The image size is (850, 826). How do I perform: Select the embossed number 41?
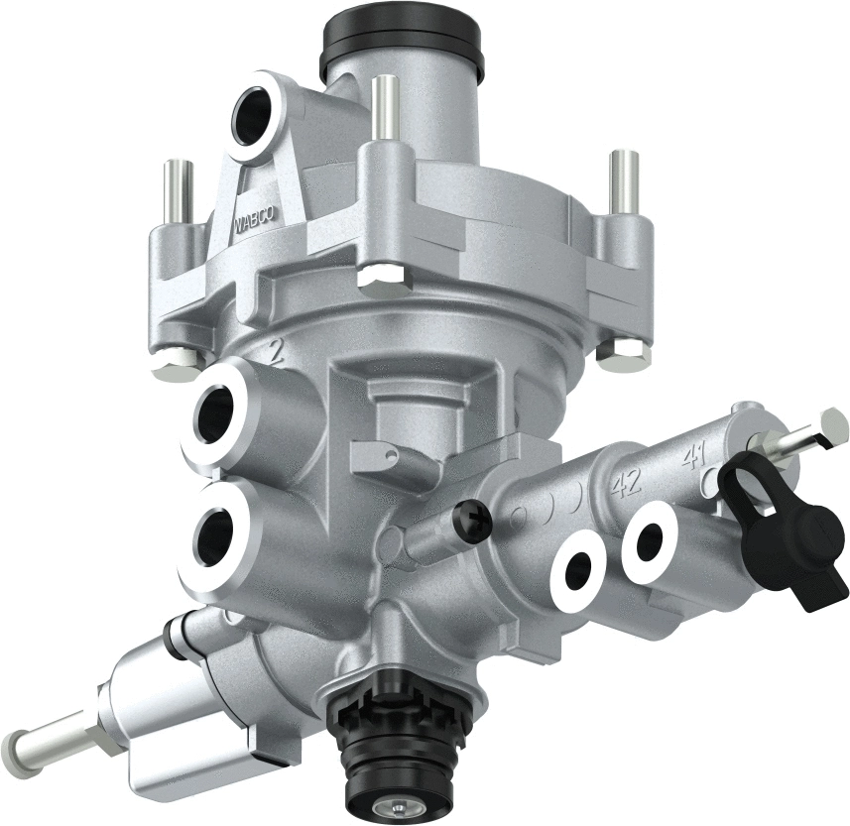pos(693,457)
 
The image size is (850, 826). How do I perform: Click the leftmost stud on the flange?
pos(177,192)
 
